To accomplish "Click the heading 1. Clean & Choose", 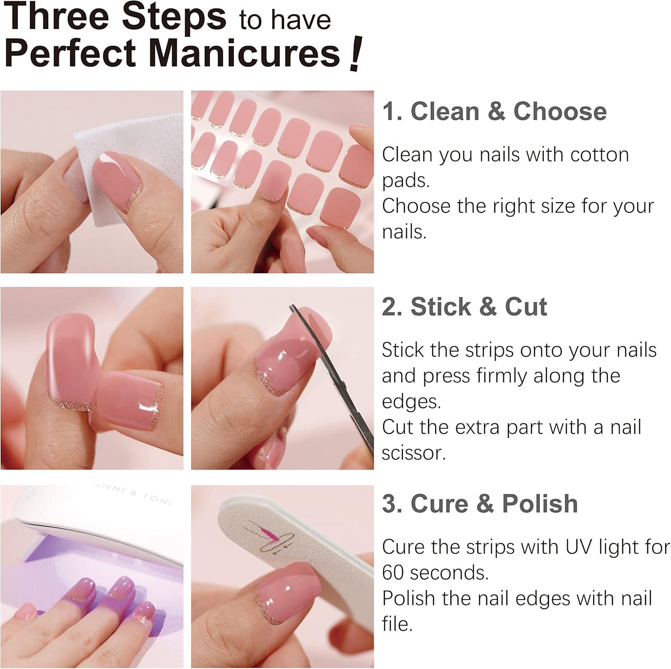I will click(x=494, y=111).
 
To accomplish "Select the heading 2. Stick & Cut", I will click(x=464, y=307).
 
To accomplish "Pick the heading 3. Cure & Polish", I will click(x=480, y=504).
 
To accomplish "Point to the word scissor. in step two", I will click(x=414, y=453).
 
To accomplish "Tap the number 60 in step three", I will click(x=393, y=573).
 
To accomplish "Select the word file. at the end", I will click(x=397, y=624).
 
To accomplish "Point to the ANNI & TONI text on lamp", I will click(x=134, y=494).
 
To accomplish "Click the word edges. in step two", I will click(x=411, y=402).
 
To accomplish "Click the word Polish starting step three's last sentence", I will click(x=408, y=598).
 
